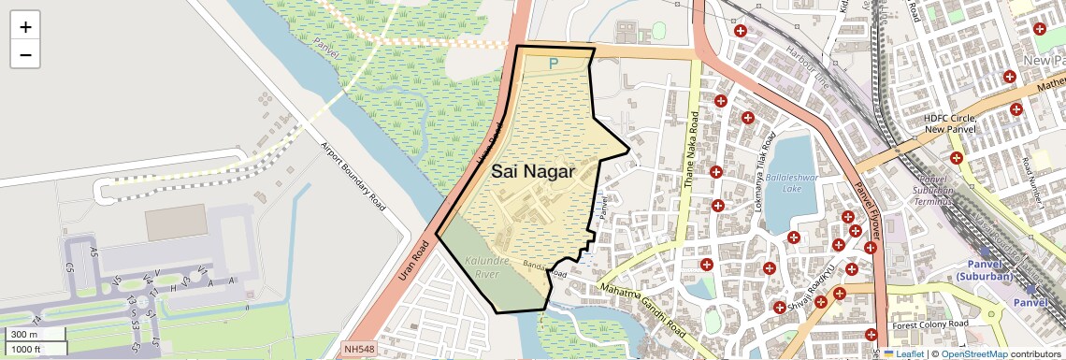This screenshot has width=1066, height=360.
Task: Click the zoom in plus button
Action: (25, 27)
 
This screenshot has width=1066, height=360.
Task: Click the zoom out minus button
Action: (25, 55)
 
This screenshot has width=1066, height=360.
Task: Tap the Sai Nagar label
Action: (532, 171)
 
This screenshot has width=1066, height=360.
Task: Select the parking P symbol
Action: (553, 64)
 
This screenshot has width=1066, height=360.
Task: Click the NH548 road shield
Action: (360, 348)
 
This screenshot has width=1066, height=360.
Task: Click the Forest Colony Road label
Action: (930, 324)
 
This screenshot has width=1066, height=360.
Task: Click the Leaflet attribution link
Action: (902, 353)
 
